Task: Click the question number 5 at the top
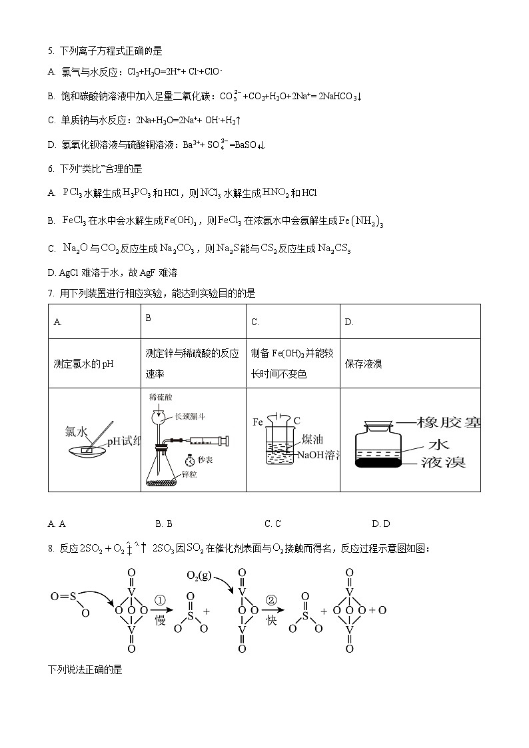pyautogui.click(x=50, y=51)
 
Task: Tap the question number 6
pyautogui.click(x=50, y=169)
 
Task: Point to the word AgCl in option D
pyautogui.click(x=69, y=272)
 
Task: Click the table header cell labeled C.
pyautogui.click(x=255, y=322)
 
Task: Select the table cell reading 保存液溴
pyautogui.click(x=364, y=364)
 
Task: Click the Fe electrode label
pyautogui.click(x=258, y=422)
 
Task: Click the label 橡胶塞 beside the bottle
pyautogui.click(x=448, y=422)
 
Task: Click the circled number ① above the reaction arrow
pyautogui.click(x=160, y=599)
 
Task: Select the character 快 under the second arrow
pyautogui.click(x=271, y=619)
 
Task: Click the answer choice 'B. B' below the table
pyautogui.click(x=164, y=524)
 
